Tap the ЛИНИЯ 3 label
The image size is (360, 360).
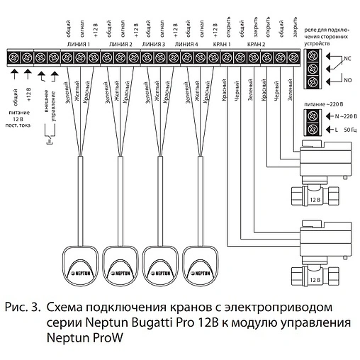(x=154, y=44)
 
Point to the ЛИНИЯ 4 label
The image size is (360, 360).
(x=187, y=44)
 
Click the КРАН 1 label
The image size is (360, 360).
(x=223, y=44)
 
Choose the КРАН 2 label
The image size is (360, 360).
(x=257, y=44)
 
